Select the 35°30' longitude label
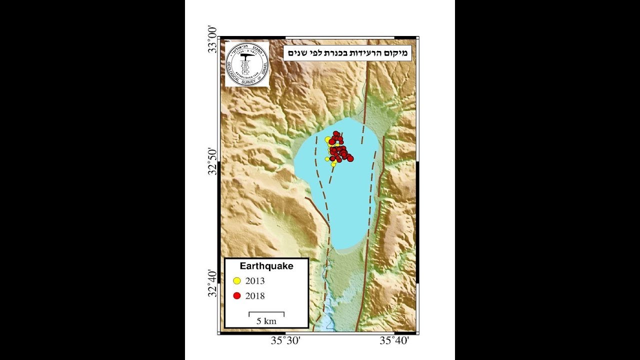point(285,341)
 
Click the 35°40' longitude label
point(395,341)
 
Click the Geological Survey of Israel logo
point(247,64)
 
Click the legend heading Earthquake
point(266,266)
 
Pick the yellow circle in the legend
point(237,281)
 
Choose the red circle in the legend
point(237,296)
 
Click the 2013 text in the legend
point(255,281)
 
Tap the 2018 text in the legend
point(255,296)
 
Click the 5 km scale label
point(266,321)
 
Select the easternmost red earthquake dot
point(350,158)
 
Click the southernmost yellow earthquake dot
point(333,164)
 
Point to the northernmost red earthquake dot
point(336,134)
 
